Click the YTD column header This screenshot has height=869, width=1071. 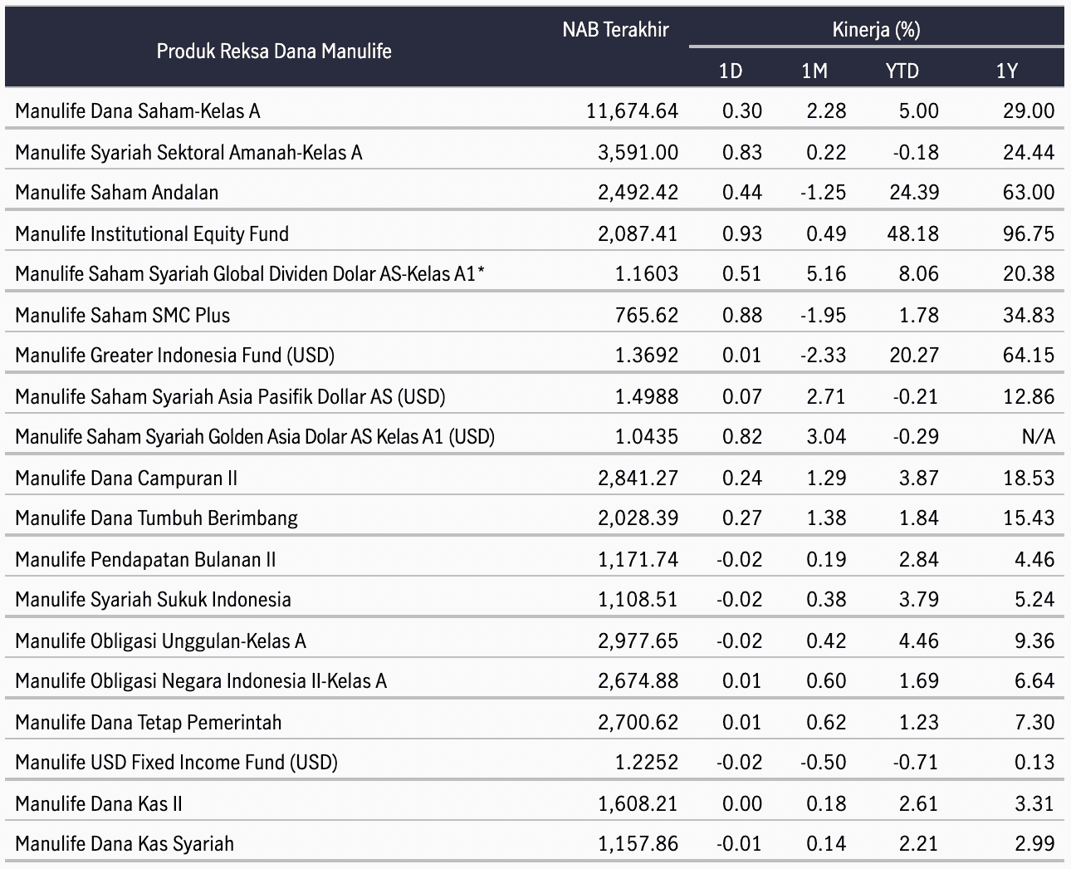[x=902, y=71]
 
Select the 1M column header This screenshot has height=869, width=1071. [x=814, y=71]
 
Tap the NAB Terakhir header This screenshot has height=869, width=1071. [x=615, y=30]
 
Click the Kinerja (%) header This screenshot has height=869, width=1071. [x=877, y=30]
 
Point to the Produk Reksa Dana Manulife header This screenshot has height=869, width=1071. [x=274, y=51]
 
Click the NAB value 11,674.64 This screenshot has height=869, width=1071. [x=632, y=110]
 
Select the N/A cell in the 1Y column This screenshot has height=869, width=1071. [x=1039, y=436]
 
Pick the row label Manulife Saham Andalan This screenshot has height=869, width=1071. [x=117, y=192]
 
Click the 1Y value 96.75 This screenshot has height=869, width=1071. [x=1029, y=234]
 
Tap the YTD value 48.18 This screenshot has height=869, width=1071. [x=913, y=234]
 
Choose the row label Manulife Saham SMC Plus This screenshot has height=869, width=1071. [x=123, y=315]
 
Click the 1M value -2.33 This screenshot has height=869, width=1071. [x=824, y=356]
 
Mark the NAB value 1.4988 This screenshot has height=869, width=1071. [x=647, y=396]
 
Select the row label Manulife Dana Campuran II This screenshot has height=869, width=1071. [x=126, y=478]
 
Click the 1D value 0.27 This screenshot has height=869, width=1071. [x=742, y=518]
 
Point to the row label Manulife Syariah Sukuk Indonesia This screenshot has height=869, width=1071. [x=154, y=599]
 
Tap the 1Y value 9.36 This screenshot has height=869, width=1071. [x=1034, y=641]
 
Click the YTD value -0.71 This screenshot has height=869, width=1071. [x=916, y=763]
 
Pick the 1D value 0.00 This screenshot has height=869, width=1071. [x=742, y=803]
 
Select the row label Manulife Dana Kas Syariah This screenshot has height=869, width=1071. [x=125, y=844]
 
